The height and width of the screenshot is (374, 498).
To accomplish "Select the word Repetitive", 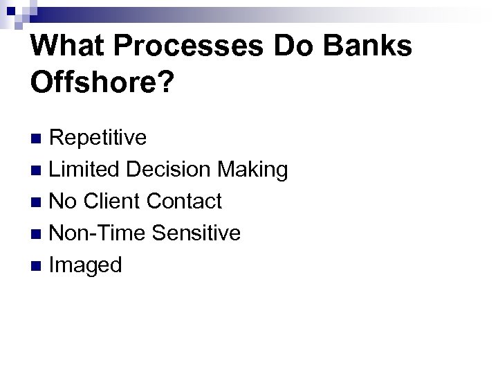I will (98, 138).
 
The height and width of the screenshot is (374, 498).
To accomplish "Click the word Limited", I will (86, 170).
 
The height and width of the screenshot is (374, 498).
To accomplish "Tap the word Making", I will (253, 170).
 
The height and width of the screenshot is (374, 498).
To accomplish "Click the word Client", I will (113, 202).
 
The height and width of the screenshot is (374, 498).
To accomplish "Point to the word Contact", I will (184, 202).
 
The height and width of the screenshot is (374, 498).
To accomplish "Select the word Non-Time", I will (98, 233).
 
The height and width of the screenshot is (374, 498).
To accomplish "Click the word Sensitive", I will (196, 233).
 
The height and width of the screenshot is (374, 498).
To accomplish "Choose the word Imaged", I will (86, 265).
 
